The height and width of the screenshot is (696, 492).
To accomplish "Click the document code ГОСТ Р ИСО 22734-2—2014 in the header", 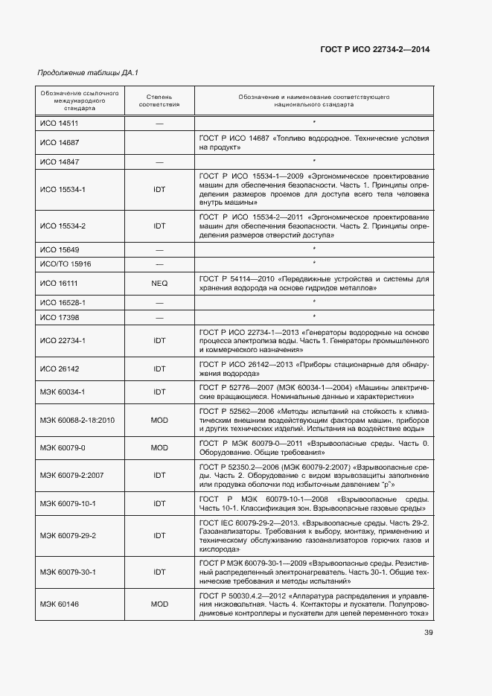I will click(375, 49).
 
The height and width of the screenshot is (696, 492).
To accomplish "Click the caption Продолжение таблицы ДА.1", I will click(88, 72).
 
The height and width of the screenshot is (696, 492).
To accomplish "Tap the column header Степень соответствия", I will click(159, 100).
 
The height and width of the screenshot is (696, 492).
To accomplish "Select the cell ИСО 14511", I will click(60, 123).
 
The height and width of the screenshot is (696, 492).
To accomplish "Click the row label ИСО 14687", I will click(60, 142).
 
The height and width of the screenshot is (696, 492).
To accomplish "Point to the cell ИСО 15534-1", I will click(63, 189).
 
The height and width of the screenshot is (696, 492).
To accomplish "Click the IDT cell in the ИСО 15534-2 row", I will click(159, 226).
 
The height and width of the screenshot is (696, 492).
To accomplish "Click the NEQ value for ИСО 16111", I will click(159, 283).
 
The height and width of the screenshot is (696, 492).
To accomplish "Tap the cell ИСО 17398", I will click(60, 317).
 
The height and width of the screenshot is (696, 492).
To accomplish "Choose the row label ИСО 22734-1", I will click(63, 340).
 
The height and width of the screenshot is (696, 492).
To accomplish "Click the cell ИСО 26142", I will click(60, 368).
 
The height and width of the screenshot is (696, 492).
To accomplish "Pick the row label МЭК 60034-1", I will click(63, 392).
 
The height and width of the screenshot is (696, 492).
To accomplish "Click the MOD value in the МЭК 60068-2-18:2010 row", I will click(159, 420).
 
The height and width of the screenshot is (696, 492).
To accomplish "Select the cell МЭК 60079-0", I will click(63, 448).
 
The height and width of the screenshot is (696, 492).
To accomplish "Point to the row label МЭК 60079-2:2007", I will click(71, 476).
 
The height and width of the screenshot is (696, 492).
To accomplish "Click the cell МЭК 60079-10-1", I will click(68, 504).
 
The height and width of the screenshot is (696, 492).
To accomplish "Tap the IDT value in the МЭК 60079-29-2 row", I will click(159, 536).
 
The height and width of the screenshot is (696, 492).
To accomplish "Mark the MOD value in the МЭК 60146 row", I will click(159, 604).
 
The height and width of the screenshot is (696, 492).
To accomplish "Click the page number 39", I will click(429, 633).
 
